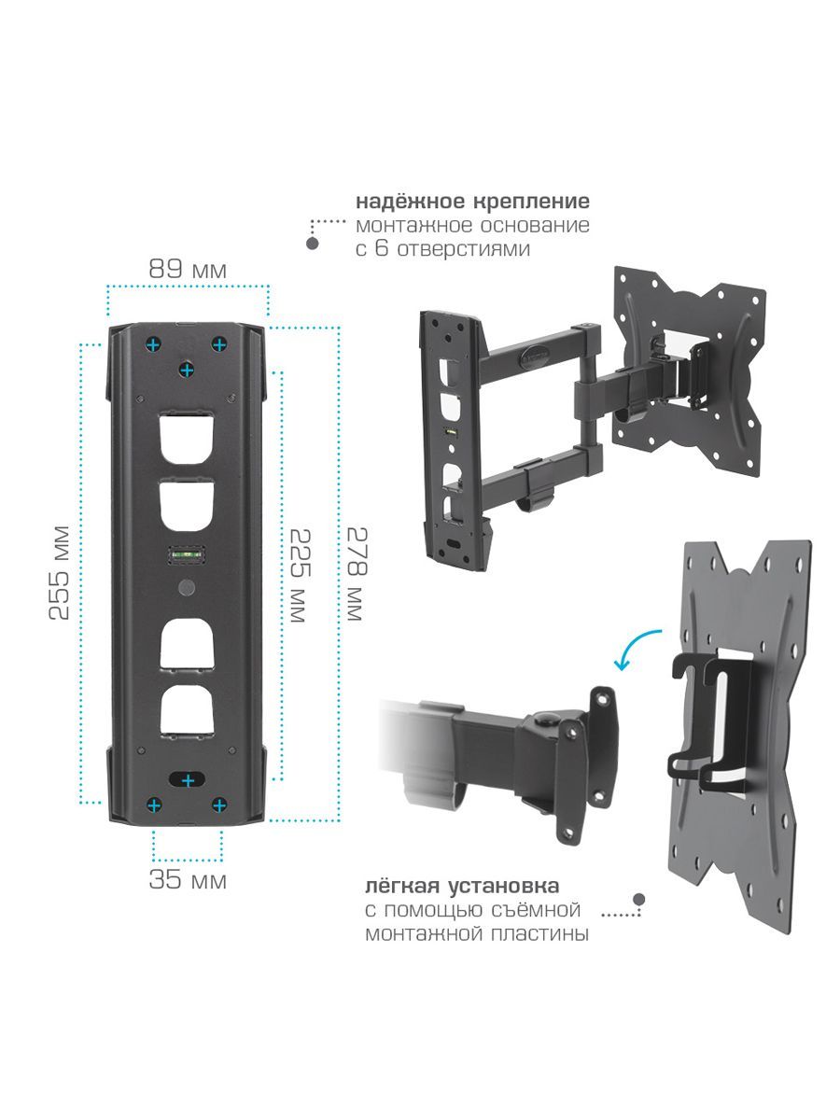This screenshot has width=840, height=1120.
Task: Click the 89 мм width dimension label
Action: coord(188,269)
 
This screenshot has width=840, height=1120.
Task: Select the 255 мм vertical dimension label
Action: coord(59,572)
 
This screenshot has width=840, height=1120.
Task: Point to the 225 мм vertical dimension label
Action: coord(300,576)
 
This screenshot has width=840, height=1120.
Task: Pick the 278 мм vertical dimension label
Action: coord(357,574)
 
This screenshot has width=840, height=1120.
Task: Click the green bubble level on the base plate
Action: coord(187,554)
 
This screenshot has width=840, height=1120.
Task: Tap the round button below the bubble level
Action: coord(187,588)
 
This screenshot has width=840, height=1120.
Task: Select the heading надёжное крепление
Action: coord(472,201)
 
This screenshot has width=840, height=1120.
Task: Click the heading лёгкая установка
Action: coord(462,886)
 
